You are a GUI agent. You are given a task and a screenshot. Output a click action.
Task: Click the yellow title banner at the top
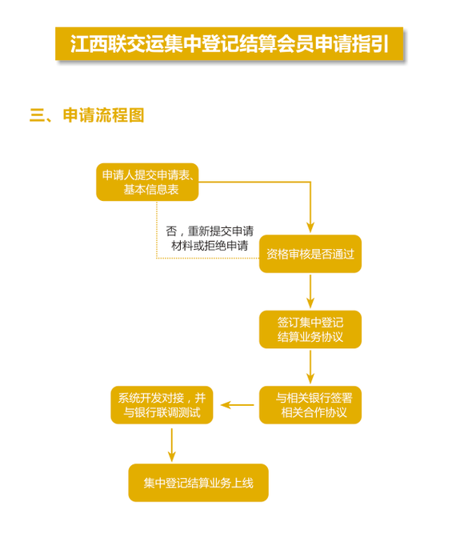point(229,43)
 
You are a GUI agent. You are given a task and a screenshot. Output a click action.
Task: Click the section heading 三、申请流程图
point(86,115)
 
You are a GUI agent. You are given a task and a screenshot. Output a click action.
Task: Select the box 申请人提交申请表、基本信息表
point(147,182)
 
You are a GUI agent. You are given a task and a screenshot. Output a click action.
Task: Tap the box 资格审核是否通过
point(310,254)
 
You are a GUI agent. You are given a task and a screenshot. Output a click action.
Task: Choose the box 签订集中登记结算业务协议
point(310,329)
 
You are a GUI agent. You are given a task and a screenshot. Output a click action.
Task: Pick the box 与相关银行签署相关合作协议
point(310,405)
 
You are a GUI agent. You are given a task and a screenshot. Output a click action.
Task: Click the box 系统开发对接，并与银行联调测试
point(162,405)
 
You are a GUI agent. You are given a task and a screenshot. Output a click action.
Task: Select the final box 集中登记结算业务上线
point(198,483)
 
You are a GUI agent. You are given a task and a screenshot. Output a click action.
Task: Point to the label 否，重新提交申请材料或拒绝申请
point(210,239)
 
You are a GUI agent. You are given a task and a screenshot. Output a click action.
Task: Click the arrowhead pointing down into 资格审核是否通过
point(310,227)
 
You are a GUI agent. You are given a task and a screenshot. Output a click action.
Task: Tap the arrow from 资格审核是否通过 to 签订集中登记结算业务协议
point(310,291)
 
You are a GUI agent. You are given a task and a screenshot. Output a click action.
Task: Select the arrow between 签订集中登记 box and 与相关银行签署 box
point(310,367)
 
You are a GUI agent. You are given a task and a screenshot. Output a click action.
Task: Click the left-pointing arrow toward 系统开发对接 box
point(238,405)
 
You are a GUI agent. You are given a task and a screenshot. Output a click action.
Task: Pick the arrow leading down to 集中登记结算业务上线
point(171,445)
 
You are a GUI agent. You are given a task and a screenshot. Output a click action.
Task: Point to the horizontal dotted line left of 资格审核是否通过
point(208,259)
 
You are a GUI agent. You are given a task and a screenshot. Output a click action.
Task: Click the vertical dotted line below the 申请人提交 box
point(157,230)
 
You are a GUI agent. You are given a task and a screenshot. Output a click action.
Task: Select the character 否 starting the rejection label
point(171,231)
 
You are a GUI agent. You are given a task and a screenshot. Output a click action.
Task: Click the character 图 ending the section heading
point(136,115)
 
